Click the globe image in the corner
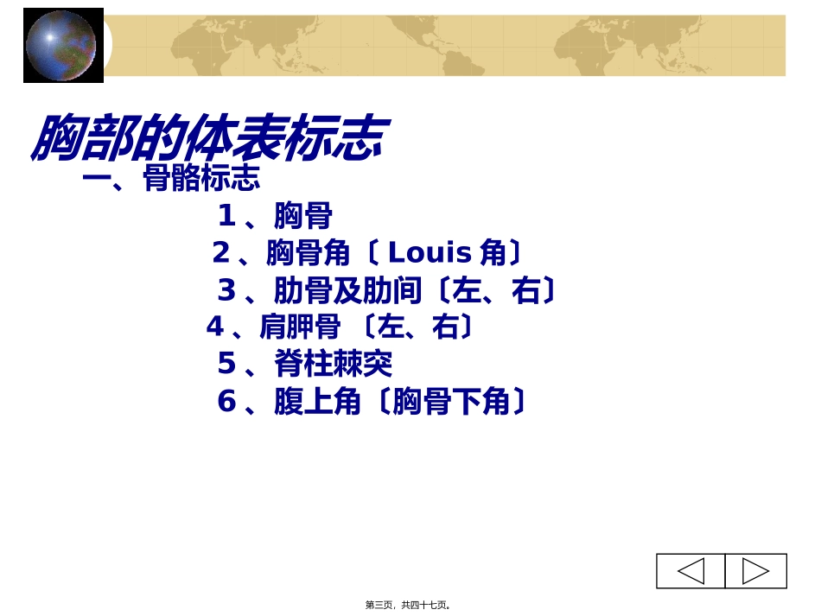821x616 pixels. tap(62, 45)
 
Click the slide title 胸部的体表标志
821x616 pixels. tap(207, 138)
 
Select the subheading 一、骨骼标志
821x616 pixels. tap(171, 179)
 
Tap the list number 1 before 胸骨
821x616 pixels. tap(226, 215)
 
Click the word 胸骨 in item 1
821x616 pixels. tap(302, 216)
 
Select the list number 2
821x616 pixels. tap(221, 253)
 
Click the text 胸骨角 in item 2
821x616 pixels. tap(309, 253)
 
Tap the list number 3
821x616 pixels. tap(226, 291)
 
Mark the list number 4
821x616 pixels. tap(215, 327)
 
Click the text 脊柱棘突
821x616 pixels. tap(333, 365)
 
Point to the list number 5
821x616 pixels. tap(226, 365)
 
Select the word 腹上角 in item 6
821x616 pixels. tap(317, 403)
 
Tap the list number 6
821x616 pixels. tap(226, 403)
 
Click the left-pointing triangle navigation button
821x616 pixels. tap(691, 571)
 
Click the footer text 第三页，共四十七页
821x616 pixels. tap(407, 605)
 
